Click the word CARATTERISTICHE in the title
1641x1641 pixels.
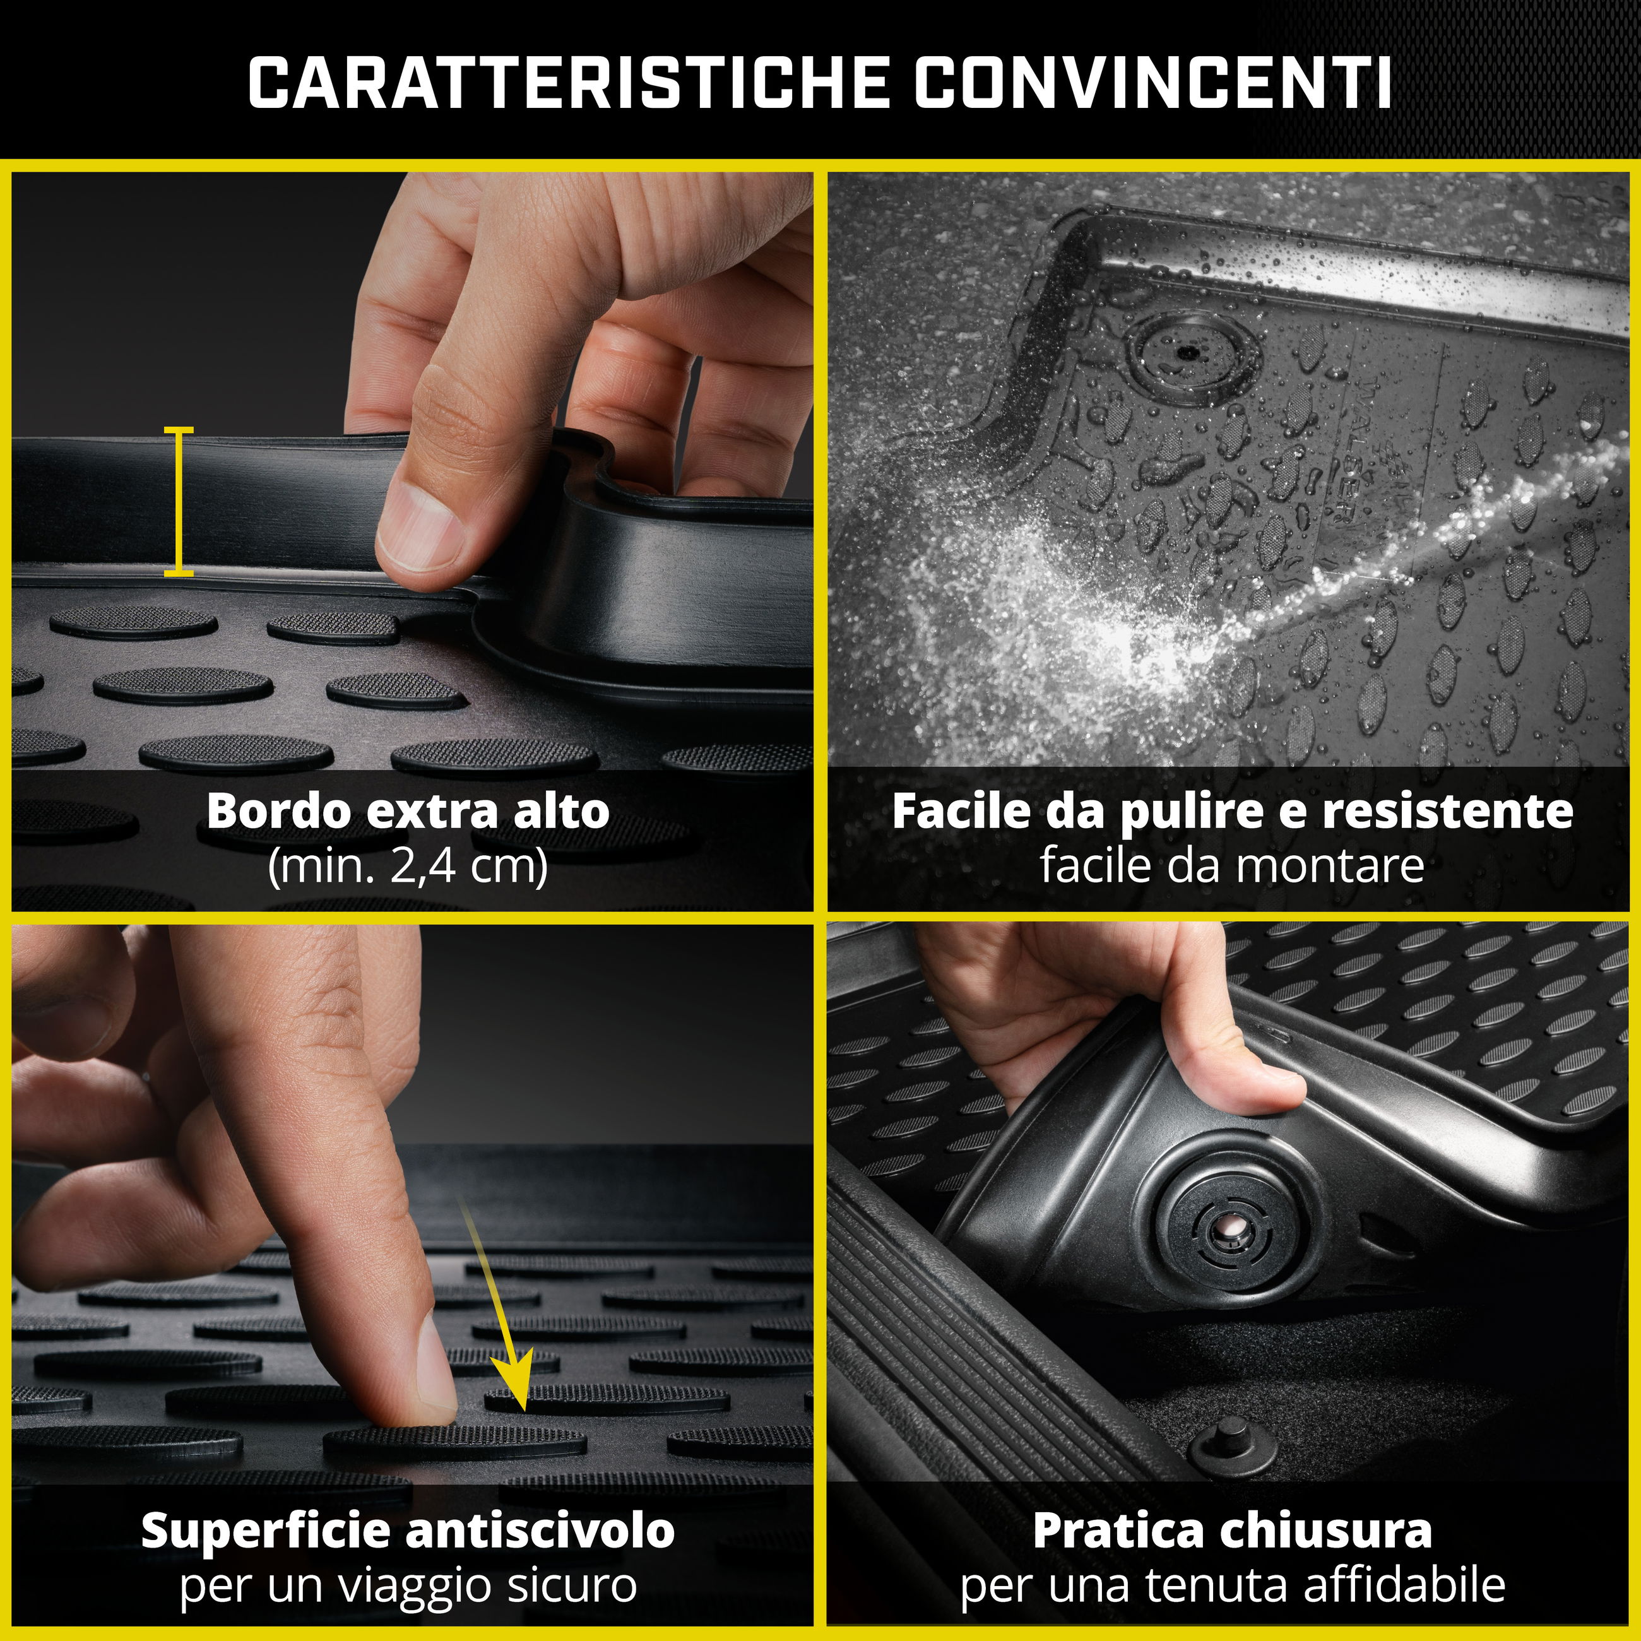(x=568, y=83)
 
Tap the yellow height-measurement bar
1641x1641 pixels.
(x=179, y=501)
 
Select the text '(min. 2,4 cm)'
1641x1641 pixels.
(x=408, y=865)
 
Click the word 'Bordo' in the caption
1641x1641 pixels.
(x=278, y=810)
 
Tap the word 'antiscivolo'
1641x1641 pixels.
(x=540, y=1531)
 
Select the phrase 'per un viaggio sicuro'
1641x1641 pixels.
(x=408, y=1585)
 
